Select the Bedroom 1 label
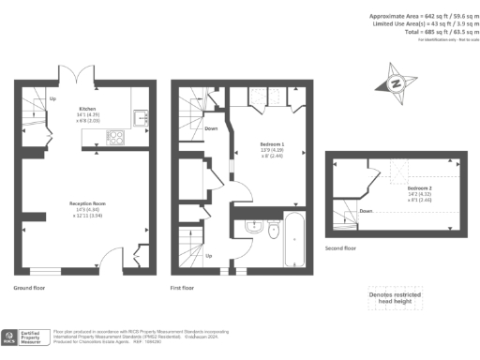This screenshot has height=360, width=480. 272,145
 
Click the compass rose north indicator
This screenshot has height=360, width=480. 397,83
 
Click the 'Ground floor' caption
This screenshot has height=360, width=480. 30,289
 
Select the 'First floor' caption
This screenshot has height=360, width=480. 182,289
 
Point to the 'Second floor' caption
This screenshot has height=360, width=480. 341,248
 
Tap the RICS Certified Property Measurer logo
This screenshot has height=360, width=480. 26,337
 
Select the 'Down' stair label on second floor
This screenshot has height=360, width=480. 366,211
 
